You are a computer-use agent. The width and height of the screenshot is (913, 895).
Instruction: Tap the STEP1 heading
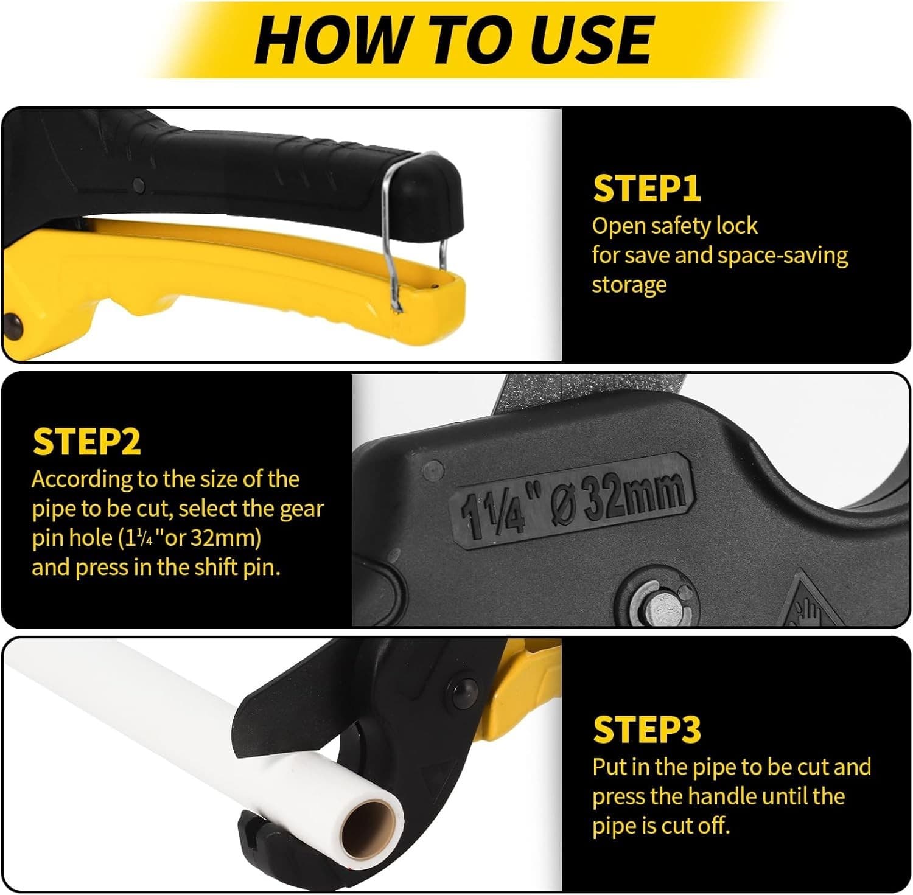click(x=647, y=189)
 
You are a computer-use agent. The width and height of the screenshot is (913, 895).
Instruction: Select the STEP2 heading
click(x=86, y=442)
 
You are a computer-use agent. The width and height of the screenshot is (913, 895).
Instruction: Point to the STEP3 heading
click(x=647, y=729)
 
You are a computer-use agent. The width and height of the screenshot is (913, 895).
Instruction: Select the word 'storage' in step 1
click(x=629, y=285)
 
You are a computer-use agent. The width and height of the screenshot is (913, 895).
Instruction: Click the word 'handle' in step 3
click(x=728, y=796)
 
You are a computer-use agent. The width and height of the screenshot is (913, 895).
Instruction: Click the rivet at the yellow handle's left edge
click(x=12, y=327)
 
